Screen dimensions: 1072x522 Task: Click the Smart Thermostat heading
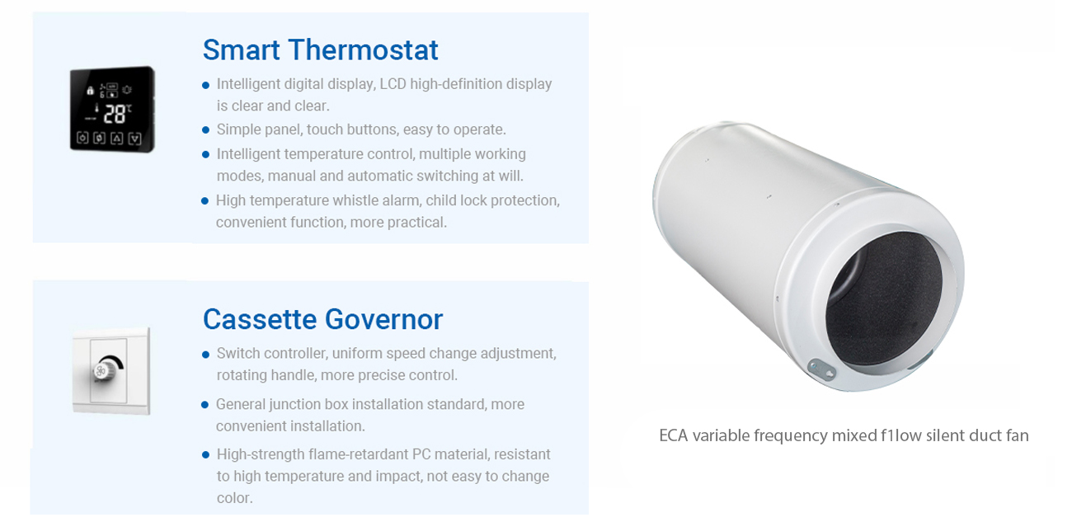[x=320, y=49]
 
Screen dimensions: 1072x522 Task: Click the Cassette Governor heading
[x=322, y=319]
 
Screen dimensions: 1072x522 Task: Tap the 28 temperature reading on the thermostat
[x=115, y=115]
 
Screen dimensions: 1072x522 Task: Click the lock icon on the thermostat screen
[x=90, y=90]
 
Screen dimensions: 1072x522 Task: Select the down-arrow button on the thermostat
[x=135, y=139]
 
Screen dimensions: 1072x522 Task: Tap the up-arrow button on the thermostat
[x=117, y=139]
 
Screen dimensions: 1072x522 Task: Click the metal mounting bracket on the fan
[x=821, y=369]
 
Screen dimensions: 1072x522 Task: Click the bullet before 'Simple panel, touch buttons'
[x=206, y=129]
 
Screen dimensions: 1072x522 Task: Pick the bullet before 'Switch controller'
[x=206, y=355]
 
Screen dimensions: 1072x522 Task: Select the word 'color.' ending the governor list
[x=234, y=498]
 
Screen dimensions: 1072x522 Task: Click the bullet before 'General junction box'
[x=205, y=405]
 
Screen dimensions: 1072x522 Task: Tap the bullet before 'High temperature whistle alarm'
[x=205, y=201]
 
